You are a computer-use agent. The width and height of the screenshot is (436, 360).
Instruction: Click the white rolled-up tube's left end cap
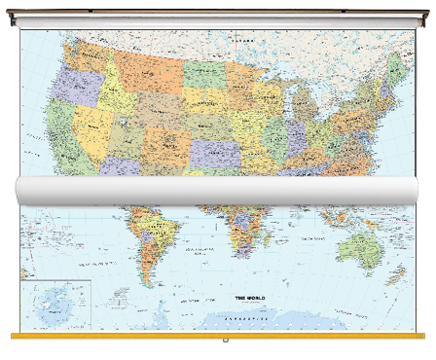[21, 191]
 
